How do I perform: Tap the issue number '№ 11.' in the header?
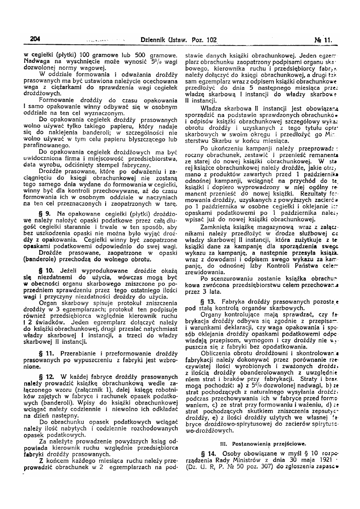pyautogui.click(x=323, y=40)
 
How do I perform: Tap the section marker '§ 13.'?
pyautogui.click(x=209, y=301)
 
